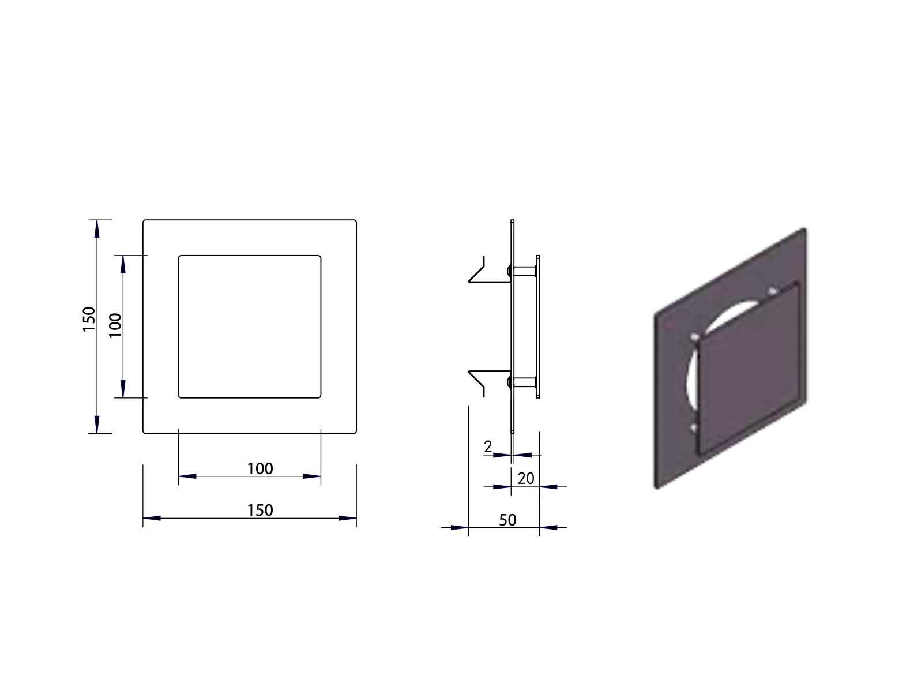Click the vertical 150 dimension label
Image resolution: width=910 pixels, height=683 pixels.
point(88,318)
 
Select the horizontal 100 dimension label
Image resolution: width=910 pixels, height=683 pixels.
point(260,468)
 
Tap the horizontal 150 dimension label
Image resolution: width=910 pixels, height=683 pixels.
point(260,510)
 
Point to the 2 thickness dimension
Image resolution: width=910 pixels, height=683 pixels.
point(488,446)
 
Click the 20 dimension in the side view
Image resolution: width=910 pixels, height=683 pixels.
point(526,478)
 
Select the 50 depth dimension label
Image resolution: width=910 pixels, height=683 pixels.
point(507,520)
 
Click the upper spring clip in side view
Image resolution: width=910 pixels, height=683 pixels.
point(482,273)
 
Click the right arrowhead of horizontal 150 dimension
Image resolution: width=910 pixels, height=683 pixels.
point(347,518)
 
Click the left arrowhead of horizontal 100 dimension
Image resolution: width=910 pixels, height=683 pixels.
point(188,476)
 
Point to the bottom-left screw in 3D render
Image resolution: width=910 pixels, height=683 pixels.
point(694,427)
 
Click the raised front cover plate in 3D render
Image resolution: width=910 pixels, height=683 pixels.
point(750,369)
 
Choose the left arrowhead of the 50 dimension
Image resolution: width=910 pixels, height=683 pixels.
point(459,527)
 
